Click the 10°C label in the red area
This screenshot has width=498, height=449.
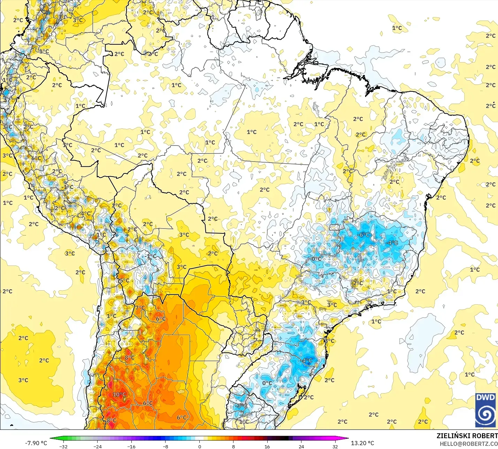(x=119, y=395)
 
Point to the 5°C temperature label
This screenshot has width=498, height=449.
(x=124, y=280)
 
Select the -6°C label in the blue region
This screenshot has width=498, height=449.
(x=363, y=235)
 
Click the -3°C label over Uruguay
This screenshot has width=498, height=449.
(x=241, y=406)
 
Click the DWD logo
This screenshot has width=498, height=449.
(x=485, y=410)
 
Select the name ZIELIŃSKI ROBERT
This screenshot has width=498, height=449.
(x=467, y=436)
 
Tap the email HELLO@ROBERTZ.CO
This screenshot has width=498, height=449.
(x=468, y=444)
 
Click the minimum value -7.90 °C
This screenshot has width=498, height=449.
(x=36, y=443)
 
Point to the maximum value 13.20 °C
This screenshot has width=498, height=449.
(x=362, y=443)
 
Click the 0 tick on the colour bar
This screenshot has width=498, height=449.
(x=199, y=446)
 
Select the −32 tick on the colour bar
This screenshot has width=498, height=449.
(x=63, y=446)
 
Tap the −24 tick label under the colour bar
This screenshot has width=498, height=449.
(x=97, y=446)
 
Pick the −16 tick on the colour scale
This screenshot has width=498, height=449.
(x=131, y=446)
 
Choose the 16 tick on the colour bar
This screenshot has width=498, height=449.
(x=267, y=446)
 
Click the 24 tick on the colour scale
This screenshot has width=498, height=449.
(x=301, y=446)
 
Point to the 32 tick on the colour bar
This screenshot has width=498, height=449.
(x=335, y=446)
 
